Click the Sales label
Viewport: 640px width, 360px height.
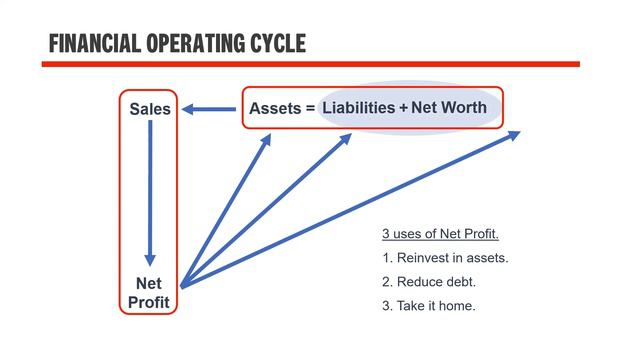150,109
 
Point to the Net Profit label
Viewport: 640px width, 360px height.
149,292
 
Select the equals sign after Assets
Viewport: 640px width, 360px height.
310,107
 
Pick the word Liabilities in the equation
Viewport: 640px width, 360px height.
358,107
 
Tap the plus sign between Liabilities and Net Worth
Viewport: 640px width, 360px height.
404,107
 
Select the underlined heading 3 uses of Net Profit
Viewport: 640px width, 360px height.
440,235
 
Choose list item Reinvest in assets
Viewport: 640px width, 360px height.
445,258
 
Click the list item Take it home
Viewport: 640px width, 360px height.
429,305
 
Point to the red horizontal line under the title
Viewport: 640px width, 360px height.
310,64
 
